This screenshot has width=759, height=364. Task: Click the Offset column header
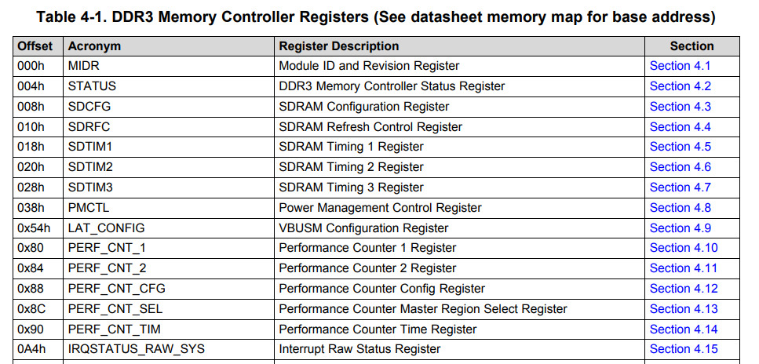click(35, 46)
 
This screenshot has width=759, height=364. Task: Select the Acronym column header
click(94, 46)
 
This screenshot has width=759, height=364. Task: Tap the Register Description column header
click(339, 46)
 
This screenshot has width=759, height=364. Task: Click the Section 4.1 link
click(681, 66)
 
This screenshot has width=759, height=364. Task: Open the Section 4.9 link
click(681, 228)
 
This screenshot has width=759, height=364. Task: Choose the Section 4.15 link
click(684, 349)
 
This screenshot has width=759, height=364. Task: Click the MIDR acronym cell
click(83, 66)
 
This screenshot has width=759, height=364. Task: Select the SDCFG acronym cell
click(88, 107)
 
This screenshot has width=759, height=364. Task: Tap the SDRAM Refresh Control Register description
click(370, 127)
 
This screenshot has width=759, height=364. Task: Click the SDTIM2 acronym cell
click(90, 167)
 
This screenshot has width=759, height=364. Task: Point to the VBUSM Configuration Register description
click(363, 228)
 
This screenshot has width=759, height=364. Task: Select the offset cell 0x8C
click(31, 309)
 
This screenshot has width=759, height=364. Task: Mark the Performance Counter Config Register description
click(382, 289)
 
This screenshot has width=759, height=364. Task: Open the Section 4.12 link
click(684, 289)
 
